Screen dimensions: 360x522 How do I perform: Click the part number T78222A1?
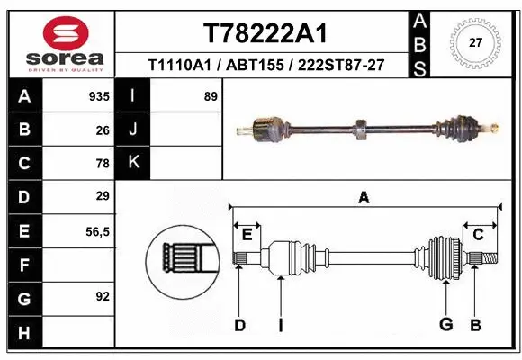pyautogui.click(x=265, y=33)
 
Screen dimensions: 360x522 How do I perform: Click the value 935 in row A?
pyautogui.click(x=98, y=96)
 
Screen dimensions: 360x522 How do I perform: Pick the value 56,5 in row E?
pyautogui.click(x=96, y=231)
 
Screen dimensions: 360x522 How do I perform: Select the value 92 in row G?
pyautogui.click(x=102, y=295)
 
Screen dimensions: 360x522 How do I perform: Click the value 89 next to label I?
pyautogui.click(x=211, y=96)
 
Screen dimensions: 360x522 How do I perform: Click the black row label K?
pyautogui.click(x=133, y=162)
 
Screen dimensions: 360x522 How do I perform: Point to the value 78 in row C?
pyautogui.click(x=102, y=163)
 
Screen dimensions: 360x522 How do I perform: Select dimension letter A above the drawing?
pyautogui.click(x=364, y=197)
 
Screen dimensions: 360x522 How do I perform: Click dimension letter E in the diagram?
pyautogui.click(x=247, y=234)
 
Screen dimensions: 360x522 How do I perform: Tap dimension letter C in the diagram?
pyautogui.click(x=478, y=235)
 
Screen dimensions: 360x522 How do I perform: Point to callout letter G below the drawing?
pyautogui.click(x=445, y=325)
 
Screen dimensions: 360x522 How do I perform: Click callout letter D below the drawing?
pyautogui.click(x=239, y=325)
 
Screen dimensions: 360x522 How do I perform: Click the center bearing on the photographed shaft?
pyautogui.click(x=360, y=130)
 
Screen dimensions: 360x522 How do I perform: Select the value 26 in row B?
pyautogui.click(x=102, y=130)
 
